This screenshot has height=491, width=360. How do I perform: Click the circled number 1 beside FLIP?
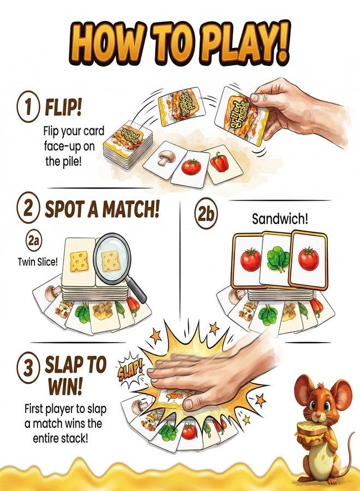point(28,106)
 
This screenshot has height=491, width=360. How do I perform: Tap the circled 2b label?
point(206,214)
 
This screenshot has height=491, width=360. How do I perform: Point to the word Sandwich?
point(280,219)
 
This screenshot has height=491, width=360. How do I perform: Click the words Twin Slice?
point(38,261)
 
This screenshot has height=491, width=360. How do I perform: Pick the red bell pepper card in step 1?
point(224,164)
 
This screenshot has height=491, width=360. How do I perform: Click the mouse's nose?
point(317,415)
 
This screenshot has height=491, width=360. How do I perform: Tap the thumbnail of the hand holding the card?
point(255,98)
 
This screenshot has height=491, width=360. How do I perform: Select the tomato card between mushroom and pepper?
point(191,169)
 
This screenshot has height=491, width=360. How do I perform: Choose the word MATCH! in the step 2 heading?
point(130,209)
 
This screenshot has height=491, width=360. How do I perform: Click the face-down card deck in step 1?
point(128,143)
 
